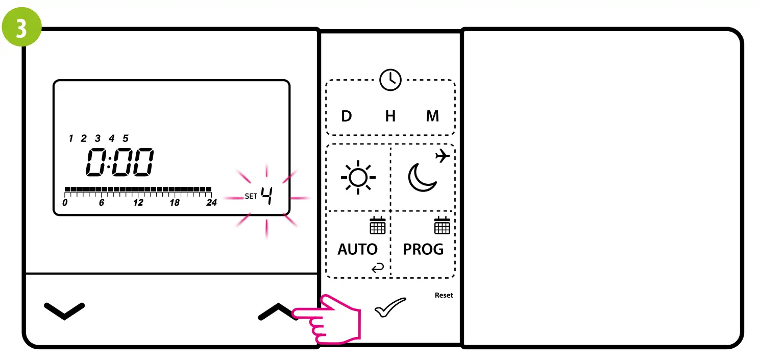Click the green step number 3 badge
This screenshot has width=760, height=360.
(x=22, y=29)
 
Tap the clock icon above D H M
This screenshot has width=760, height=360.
(x=390, y=80)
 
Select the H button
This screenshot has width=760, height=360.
(x=390, y=116)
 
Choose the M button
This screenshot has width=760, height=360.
(x=432, y=116)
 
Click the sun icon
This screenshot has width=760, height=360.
(x=358, y=177)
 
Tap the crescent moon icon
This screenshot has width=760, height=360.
(x=422, y=178)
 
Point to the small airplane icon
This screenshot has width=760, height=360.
(x=443, y=155)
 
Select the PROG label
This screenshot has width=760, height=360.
(x=423, y=249)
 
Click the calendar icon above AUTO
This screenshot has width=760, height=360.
(x=378, y=225)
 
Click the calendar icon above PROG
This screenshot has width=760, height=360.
(x=442, y=225)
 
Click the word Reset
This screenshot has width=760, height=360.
(x=444, y=295)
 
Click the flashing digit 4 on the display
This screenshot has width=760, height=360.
(x=266, y=196)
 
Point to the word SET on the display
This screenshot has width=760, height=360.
(x=251, y=196)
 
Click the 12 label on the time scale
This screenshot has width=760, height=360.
(x=138, y=203)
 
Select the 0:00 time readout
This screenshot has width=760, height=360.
(x=119, y=163)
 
